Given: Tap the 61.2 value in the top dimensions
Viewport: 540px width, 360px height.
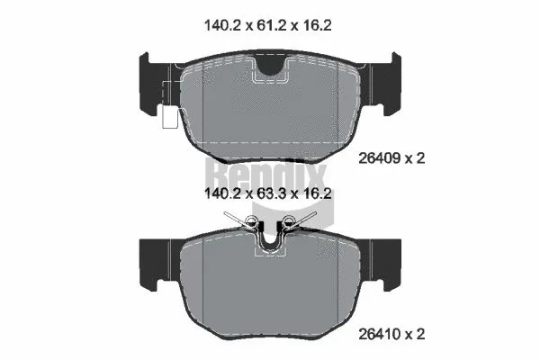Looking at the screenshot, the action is click(x=272, y=25).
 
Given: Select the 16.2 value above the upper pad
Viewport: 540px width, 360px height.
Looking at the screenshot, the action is click(x=317, y=25).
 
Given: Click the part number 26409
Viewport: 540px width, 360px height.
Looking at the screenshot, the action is click(x=380, y=158).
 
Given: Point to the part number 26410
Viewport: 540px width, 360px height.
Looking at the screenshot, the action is click(x=380, y=334).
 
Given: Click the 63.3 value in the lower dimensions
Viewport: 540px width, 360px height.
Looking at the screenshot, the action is click(x=272, y=193).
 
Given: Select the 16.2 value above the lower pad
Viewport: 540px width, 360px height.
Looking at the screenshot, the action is click(x=317, y=193).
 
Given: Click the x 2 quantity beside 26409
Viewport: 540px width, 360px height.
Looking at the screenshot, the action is click(x=415, y=158).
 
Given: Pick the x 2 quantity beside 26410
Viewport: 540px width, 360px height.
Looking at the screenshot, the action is click(x=415, y=334).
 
